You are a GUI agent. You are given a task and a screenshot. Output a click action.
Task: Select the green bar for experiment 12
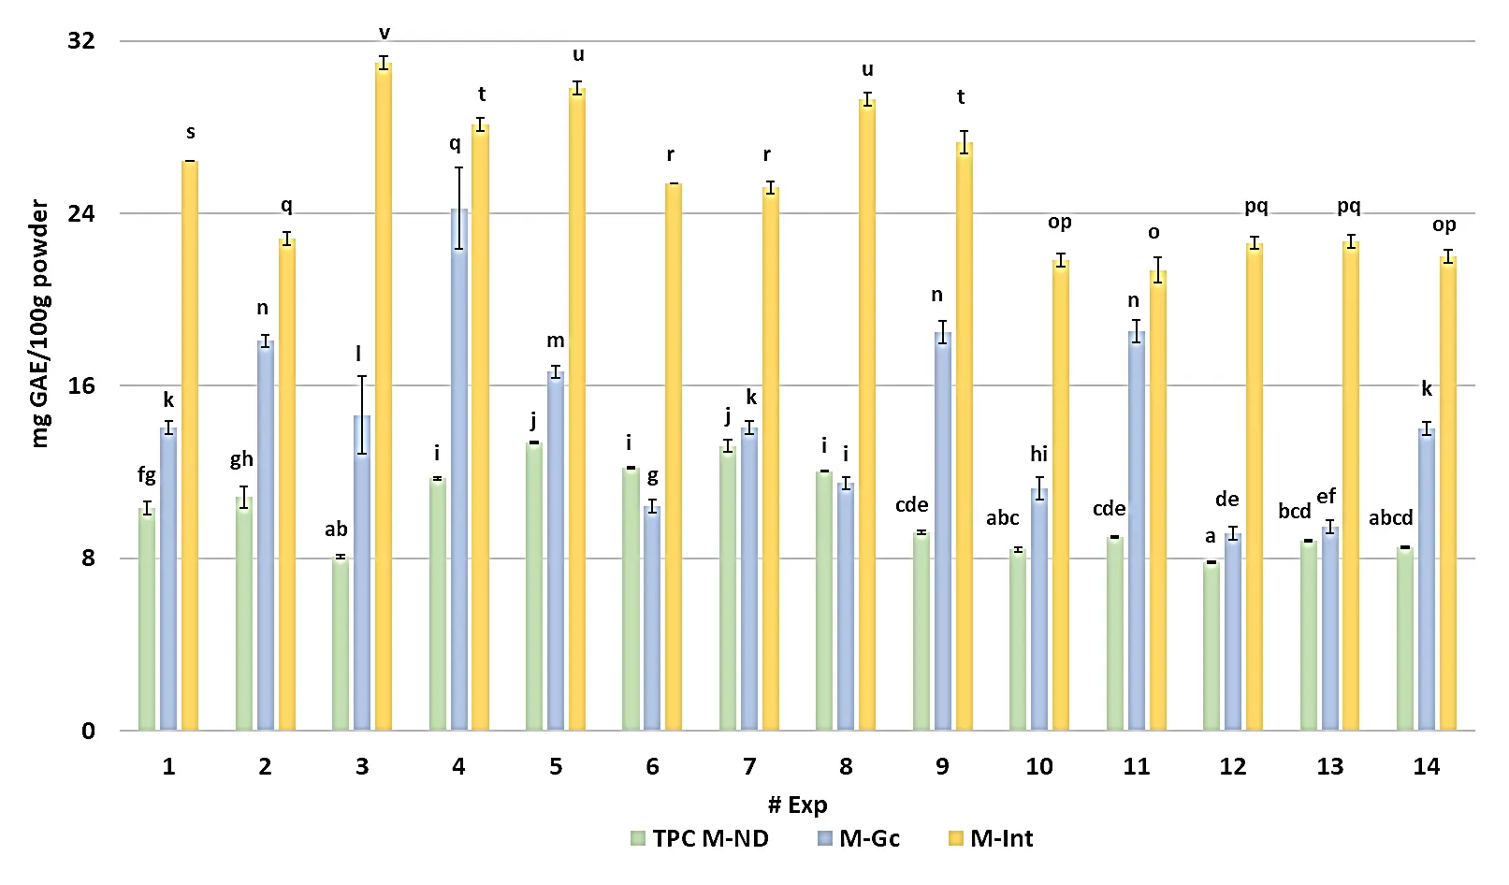tap(1212, 646)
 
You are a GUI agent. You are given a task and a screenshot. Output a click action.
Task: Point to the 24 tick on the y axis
tap(82, 213)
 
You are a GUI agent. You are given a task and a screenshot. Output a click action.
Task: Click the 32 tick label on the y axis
tap(81, 40)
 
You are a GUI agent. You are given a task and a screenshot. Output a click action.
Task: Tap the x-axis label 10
tap(1038, 766)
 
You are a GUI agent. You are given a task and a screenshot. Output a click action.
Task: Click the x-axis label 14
tap(1426, 766)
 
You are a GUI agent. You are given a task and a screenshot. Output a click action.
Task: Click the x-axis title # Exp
tap(797, 805)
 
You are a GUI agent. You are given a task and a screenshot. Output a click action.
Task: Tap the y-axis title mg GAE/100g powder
tap(39, 324)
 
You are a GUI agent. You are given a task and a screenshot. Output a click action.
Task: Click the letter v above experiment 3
tap(384, 34)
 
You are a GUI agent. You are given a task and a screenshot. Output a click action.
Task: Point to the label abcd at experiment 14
tap(1390, 517)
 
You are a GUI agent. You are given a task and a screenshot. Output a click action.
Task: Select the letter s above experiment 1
tap(191, 132)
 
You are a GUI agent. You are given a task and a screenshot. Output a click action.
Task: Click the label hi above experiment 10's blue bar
tap(1038, 454)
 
